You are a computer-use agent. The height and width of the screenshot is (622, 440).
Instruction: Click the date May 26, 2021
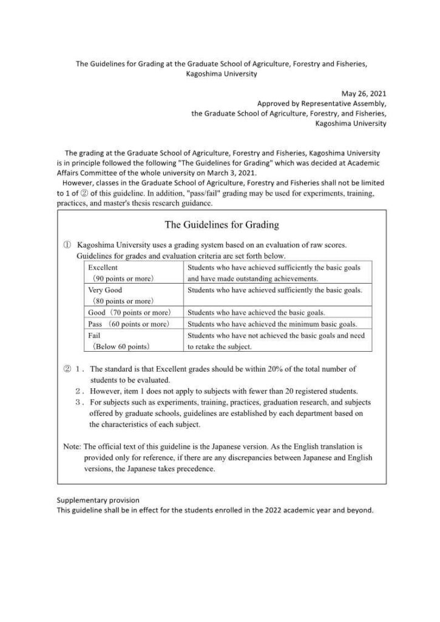pyautogui.click(x=364, y=94)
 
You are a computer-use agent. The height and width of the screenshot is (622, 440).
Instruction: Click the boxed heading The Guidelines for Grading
pyautogui.click(x=222, y=225)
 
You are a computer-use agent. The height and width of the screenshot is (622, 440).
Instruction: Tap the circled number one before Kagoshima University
pyautogui.click(x=67, y=245)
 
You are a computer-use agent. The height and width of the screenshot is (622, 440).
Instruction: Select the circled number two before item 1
pyautogui.click(x=67, y=369)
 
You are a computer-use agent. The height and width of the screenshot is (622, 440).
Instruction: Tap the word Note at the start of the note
pyautogui.click(x=72, y=446)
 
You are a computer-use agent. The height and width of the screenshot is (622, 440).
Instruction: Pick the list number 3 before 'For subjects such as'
pyautogui.click(x=80, y=402)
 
